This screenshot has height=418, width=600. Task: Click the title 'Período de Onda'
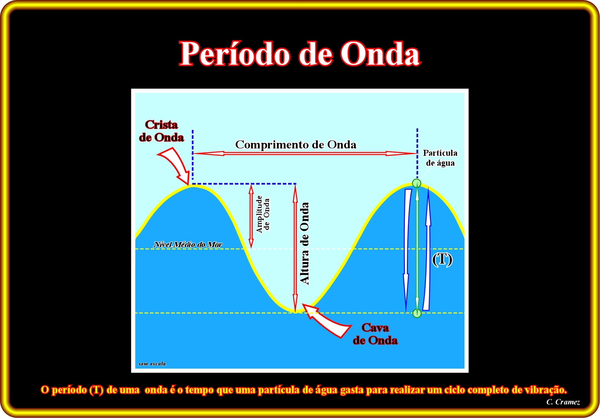(300, 53)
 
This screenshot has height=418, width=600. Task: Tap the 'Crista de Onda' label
(162, 131)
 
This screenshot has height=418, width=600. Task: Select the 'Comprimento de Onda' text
(296, 144)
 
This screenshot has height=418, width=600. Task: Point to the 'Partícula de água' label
(440, 158)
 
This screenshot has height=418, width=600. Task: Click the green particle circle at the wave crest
(416, 183)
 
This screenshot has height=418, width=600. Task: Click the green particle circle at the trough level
(417, 313)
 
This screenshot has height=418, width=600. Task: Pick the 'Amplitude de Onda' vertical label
(263, 214)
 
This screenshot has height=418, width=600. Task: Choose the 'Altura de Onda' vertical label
(305, 243)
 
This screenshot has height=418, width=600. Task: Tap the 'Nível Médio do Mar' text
(188, 245)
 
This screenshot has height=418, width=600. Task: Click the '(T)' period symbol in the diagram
(442, 259)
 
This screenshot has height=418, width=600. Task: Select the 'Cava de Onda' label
(375, 334)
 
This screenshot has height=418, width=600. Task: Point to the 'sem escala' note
(152, 363)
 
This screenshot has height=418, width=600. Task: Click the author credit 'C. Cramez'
(563, 402)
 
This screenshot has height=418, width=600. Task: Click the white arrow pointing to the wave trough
(325, 320)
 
